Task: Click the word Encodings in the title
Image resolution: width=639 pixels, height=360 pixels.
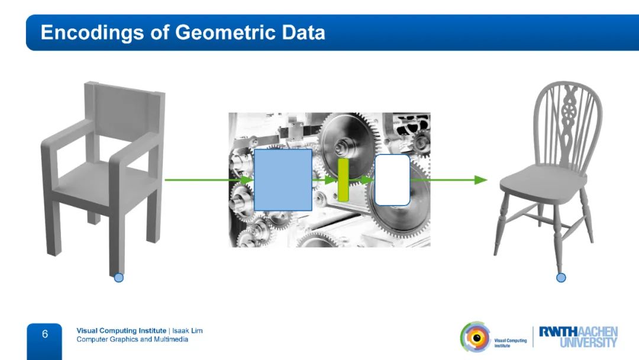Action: tap(92, 33)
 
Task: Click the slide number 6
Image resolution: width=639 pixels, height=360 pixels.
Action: tap(45, 335)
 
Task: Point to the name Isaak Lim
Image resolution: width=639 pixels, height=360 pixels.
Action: tap(188, 330)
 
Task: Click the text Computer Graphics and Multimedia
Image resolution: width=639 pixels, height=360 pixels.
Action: tap(133, 339)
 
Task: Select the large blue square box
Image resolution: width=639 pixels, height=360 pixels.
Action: tap(283, 180)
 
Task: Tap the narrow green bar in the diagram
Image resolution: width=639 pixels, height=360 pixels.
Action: tap(343, 180)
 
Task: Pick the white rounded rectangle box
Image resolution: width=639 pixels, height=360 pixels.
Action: tap(392, 180)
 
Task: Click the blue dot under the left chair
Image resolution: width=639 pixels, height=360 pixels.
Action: tap(118, 278)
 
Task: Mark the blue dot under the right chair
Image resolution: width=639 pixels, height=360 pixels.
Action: tap(561, 278)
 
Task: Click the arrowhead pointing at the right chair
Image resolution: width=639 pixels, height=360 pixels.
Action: tap(481, 180)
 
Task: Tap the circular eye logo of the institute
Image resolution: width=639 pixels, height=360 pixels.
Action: tap(476, 337)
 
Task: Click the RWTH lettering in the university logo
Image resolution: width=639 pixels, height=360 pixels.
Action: tap(559, 332)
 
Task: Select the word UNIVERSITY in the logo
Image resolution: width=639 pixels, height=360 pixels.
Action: tap(589, 342)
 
